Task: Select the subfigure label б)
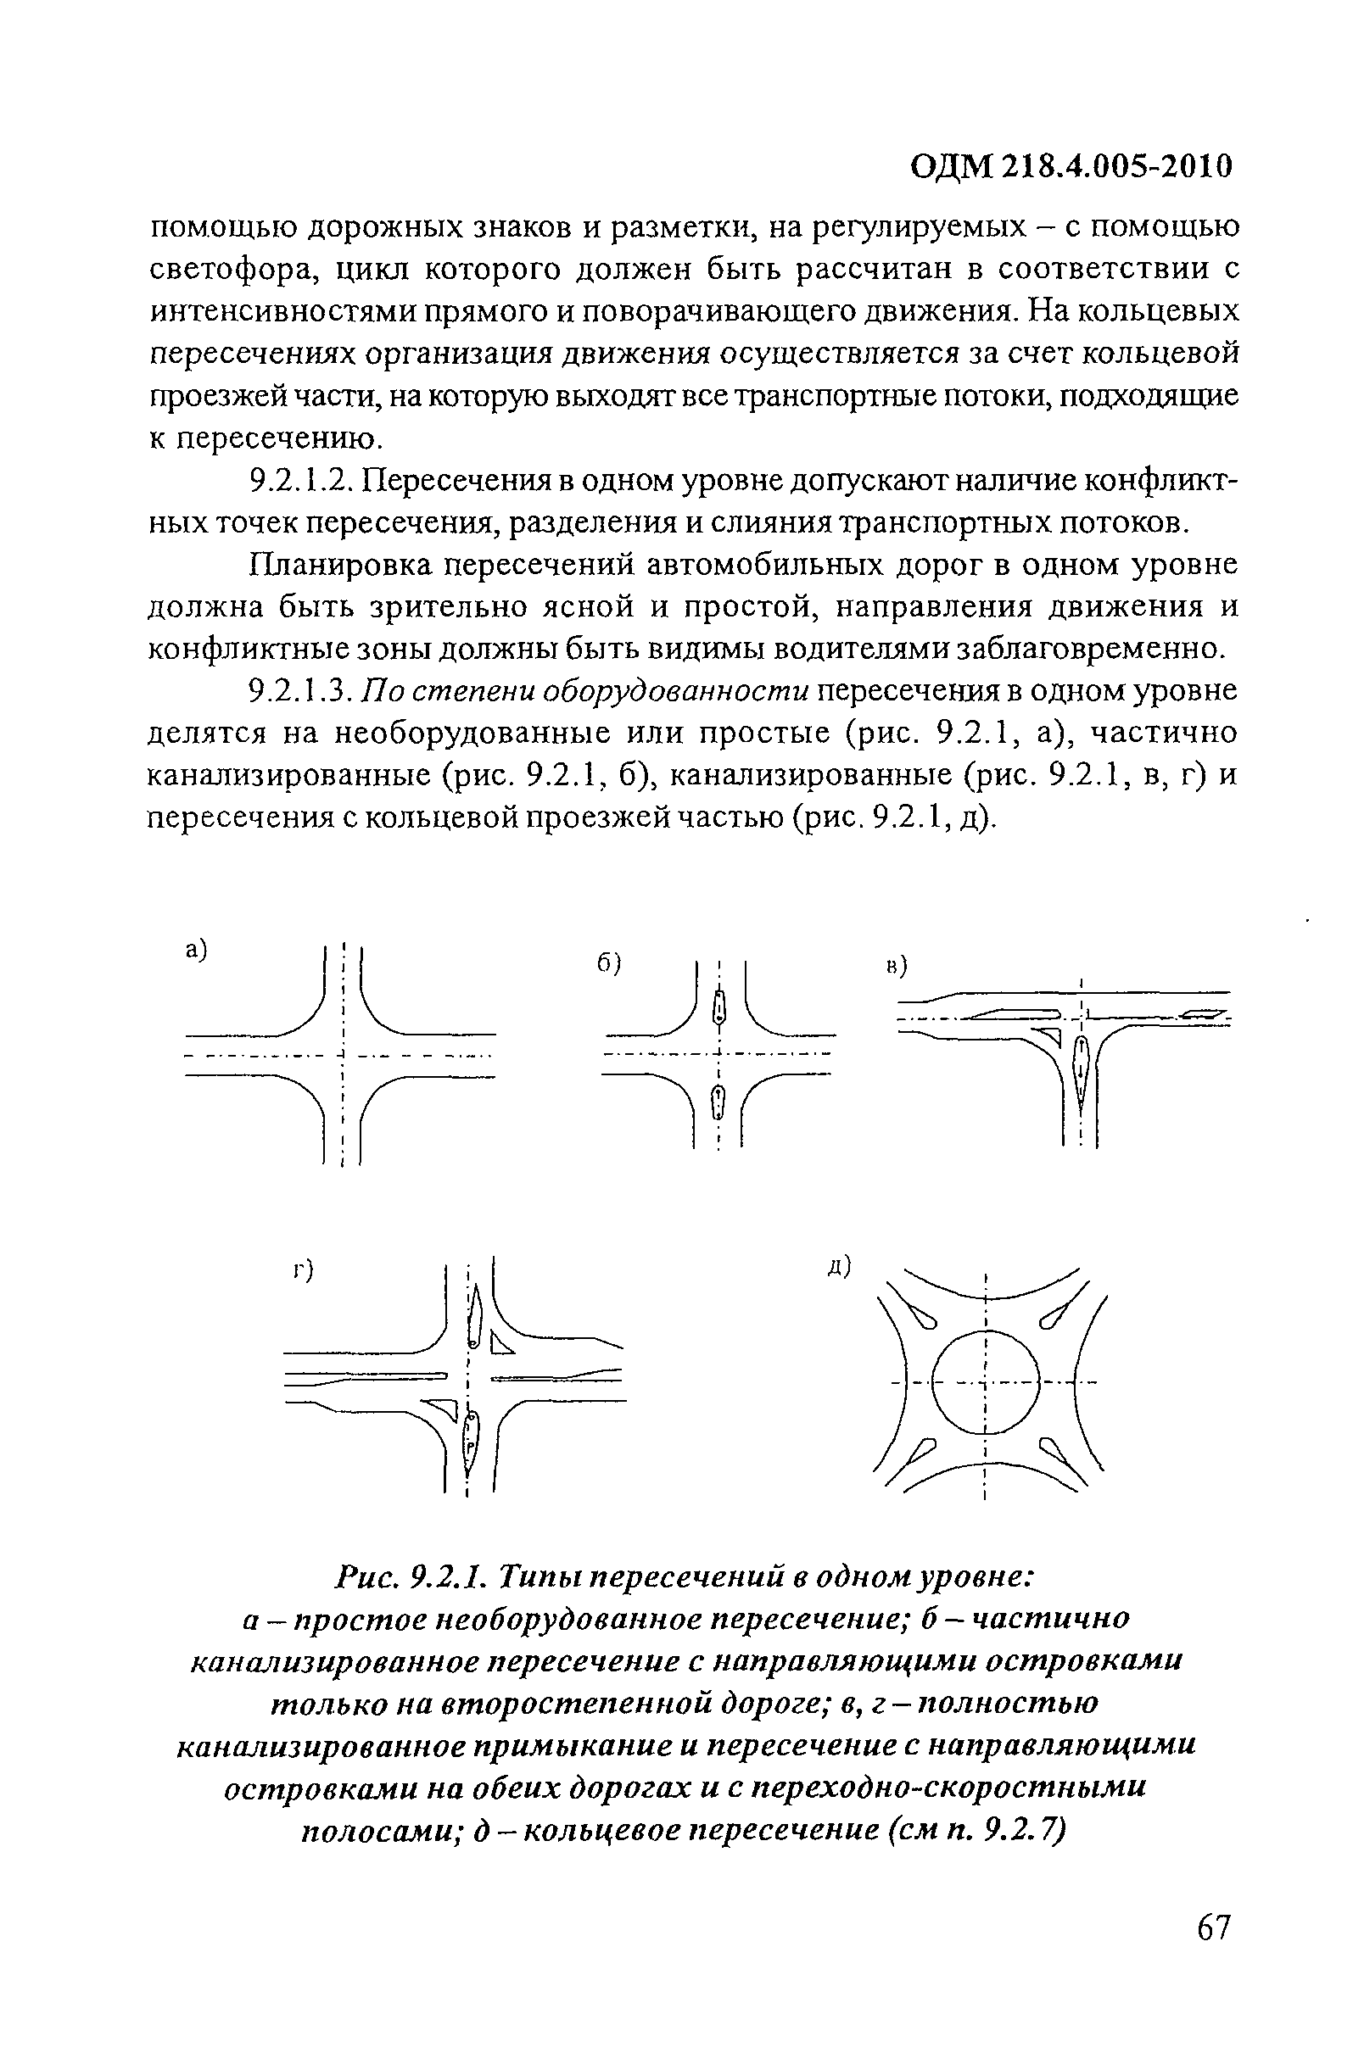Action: click(610, 963)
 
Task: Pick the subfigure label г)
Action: click(302, 1270)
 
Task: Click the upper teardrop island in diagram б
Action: click(718, 1006)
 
